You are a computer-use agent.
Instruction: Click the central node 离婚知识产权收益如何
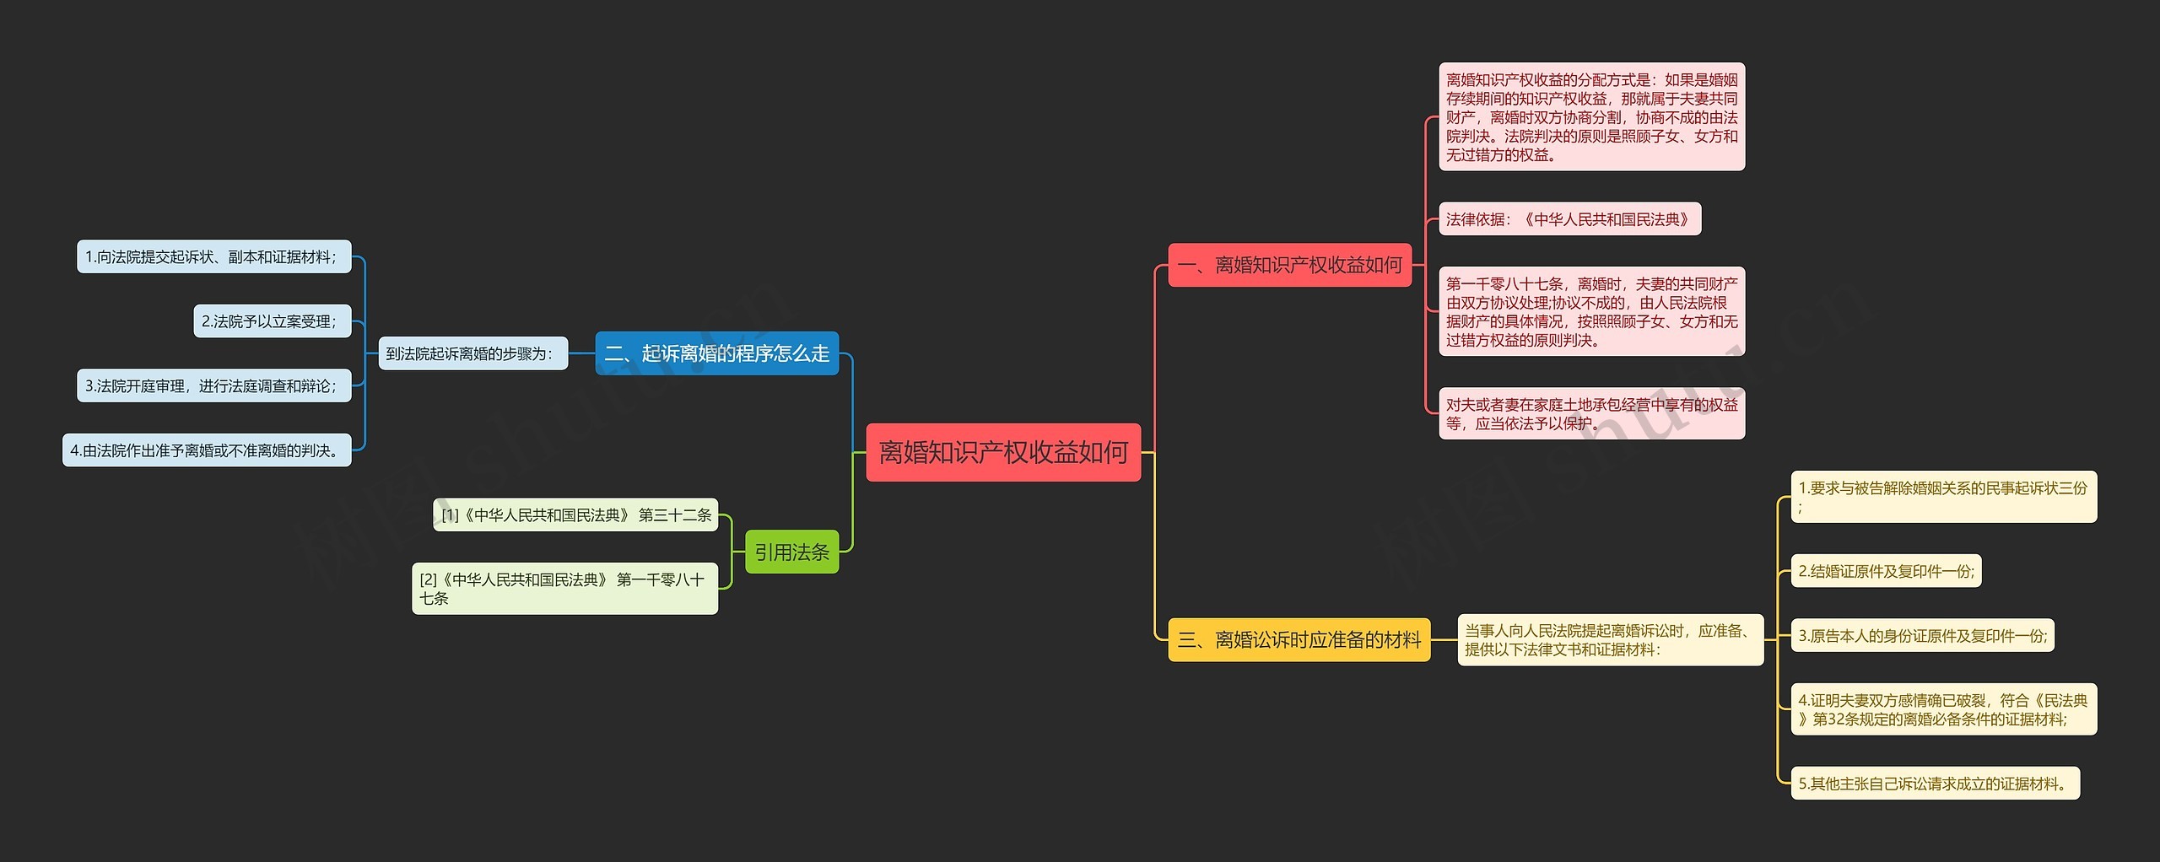(x=1002, y=452)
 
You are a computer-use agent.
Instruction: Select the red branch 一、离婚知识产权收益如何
(x=1289, y=265)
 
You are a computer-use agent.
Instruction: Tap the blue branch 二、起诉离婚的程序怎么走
(x=716, y=353)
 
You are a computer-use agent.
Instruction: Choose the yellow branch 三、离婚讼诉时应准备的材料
(x=1299, y=639)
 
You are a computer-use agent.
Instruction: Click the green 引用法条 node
(x=791, y=552)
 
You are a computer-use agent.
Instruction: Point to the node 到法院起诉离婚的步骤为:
(x=472, y=353)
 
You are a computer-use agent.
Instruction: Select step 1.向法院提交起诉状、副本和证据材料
(x=213, y=256)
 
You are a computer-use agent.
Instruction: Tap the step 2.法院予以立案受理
(x=272, y=321)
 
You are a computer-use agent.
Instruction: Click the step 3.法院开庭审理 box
(x=213, y=385)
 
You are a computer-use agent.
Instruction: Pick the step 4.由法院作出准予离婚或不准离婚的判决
(x=207, y=450)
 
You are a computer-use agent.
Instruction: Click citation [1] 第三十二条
(x=575, y=515)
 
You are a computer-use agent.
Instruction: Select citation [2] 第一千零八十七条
(x=564, y=589)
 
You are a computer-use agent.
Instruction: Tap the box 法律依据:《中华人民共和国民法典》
(x=1569, y=219)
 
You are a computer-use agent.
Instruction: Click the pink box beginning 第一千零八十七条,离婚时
(x=1591, y=311)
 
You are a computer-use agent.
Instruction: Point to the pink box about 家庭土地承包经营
(x=1591, y=413)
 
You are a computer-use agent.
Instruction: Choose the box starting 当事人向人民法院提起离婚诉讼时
(x=1610, y=639)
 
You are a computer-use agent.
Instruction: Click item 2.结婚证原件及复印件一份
(x=1886, y=571)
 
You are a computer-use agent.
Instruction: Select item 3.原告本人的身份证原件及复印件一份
(x=1922, y=635)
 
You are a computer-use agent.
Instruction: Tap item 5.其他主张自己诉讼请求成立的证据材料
(x=1935, y=783)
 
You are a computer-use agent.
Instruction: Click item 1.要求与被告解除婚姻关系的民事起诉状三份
(x=1943, y=497)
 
